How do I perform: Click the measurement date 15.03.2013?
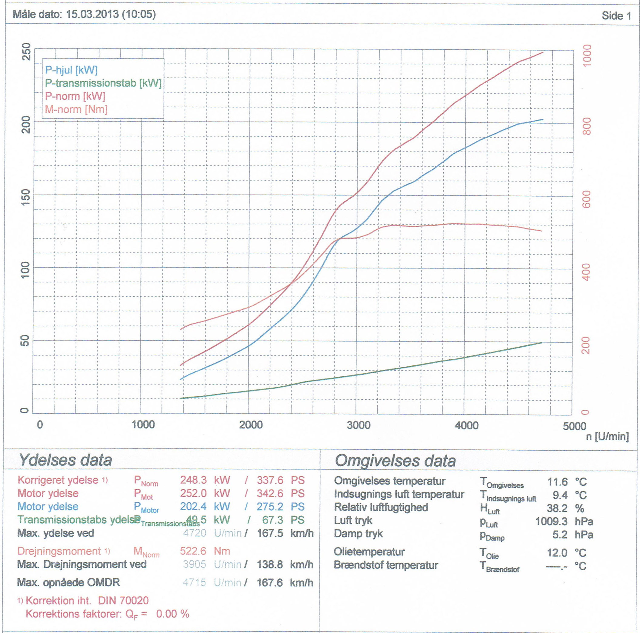(92, 14)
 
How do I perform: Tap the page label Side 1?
(616, 15)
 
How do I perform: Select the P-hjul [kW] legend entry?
(71, 70)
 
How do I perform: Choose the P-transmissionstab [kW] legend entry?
(103, 83)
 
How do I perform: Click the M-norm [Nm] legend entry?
(76, 109)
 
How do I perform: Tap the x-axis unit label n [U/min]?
(607, 437)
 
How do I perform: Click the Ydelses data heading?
(65, 460)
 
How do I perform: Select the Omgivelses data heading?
(395, 461)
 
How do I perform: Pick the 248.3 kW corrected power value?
(193, 480)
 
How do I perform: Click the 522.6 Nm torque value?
(193, 551)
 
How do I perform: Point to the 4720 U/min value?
(195, 533)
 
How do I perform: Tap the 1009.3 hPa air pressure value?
(551, 521)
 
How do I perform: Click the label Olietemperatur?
(369, 552)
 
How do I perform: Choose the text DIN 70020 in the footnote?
(123, 601)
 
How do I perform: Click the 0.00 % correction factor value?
(172, 614)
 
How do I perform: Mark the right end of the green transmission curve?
(542, 342)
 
